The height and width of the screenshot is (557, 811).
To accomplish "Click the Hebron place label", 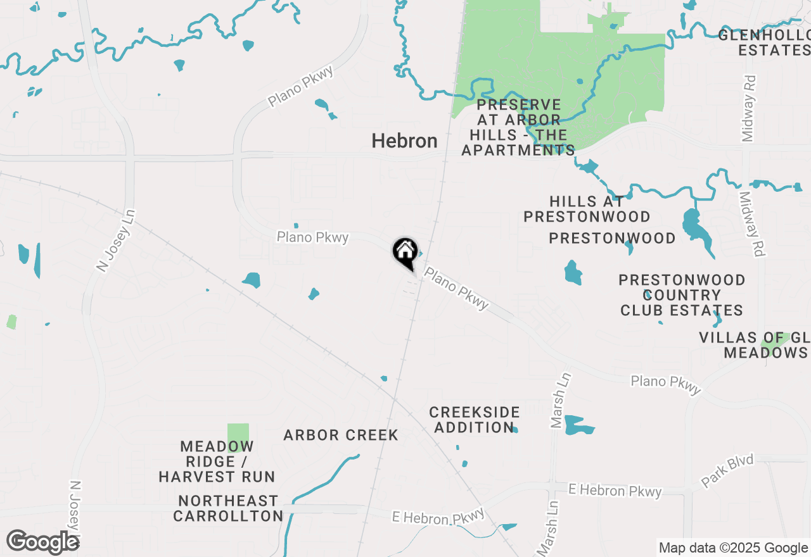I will (404, 141).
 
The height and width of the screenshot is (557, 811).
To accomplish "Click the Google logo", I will (42, 542).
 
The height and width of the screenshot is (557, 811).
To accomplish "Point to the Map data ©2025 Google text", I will (733, 548).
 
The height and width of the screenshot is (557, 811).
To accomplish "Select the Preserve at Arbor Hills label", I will (518, 127).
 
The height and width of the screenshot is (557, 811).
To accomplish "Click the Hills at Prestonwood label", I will (587, 210).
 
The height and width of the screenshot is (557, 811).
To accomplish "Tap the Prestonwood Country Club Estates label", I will (682, 295).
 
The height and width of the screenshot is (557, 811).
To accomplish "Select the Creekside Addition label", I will (475, 420).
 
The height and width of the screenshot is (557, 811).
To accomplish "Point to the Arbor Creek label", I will (341, 435).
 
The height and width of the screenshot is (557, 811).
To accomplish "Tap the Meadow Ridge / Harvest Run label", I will (217, 462).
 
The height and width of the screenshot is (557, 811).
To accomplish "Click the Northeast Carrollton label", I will (228, 508).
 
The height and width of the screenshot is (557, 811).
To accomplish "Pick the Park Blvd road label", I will (727, 470).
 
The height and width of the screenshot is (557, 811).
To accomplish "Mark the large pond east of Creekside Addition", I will (578, 425).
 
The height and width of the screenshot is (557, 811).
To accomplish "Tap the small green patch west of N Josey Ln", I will (11, 322).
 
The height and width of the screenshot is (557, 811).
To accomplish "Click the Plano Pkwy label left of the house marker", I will (312, 237).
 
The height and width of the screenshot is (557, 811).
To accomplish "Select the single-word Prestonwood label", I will (612, 239).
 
